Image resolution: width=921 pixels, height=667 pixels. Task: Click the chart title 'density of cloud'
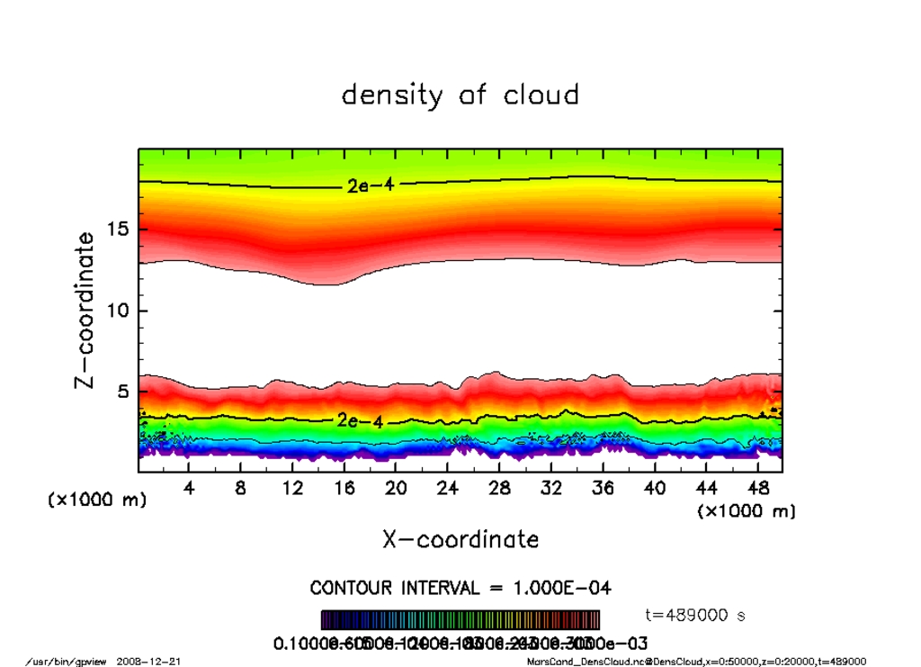tap(460, 95)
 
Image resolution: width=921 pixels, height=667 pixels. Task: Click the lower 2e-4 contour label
tap(359, 420)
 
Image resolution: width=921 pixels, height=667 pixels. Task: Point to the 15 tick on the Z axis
tap(119, 230)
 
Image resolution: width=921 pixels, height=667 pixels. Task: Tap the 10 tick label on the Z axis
tap(119, 311)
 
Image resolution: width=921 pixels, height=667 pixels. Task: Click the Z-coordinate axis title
tap(85, 311)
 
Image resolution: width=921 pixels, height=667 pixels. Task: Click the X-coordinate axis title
tap(460, 539)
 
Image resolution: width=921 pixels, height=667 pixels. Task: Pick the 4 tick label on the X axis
tap(189, 488)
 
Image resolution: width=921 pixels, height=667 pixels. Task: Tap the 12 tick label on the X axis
tap(292, 488)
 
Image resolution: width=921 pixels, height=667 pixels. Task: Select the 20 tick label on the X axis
tap(396, 488)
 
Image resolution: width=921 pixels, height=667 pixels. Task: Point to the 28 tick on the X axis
tap(499, 488)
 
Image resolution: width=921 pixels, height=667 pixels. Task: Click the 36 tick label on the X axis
tap(603, 488)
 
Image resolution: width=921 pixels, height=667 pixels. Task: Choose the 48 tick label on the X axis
tap(757, 488)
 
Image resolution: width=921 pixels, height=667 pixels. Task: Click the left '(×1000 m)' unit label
tap(97, 500)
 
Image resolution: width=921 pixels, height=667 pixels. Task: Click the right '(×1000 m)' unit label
tap(747, 511)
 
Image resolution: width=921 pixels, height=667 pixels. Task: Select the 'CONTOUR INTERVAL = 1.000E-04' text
tap(460, 588)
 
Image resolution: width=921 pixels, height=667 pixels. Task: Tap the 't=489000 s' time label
tap(695, 616)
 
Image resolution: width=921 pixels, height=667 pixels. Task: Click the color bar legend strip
tap(460, 620)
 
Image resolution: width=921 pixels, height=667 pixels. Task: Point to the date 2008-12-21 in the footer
tap(148, 662)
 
